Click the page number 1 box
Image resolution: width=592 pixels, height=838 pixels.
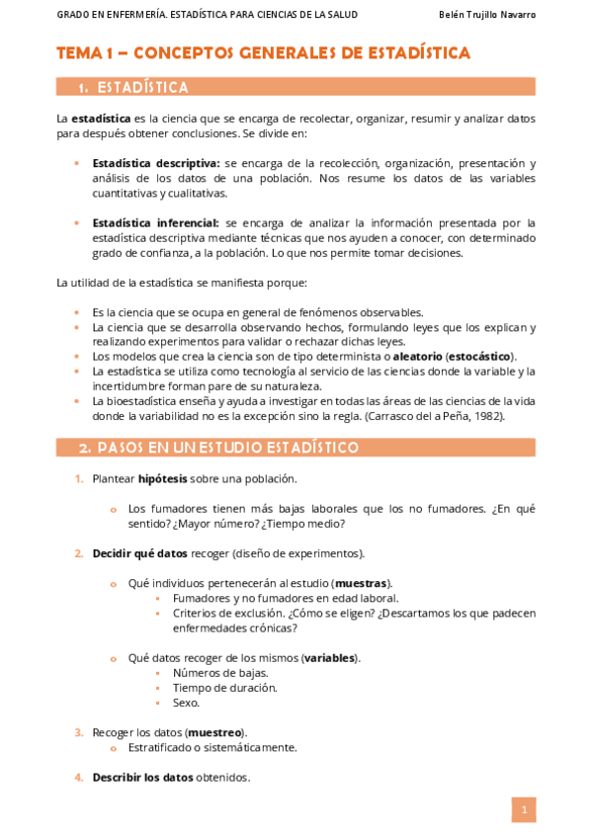[x=523, y=810]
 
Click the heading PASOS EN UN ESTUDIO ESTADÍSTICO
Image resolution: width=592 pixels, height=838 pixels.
[x=218, y=448]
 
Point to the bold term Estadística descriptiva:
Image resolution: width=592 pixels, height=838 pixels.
[x=155, y=163]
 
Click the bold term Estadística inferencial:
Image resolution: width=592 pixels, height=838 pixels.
[x=155, y=222]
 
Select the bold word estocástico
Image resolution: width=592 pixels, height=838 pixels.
[x=480, y=356]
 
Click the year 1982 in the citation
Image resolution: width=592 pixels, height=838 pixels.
[x=487, y=416]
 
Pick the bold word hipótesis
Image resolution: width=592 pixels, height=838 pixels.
[x=162, y=479]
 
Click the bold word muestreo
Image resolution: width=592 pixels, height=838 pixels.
[x=215, y=732]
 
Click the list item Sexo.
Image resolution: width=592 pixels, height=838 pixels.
[x=186, y=703]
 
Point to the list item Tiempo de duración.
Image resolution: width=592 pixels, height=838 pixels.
[x=224, y=688]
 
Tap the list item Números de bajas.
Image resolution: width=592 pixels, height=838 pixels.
[x=219, y=673]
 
